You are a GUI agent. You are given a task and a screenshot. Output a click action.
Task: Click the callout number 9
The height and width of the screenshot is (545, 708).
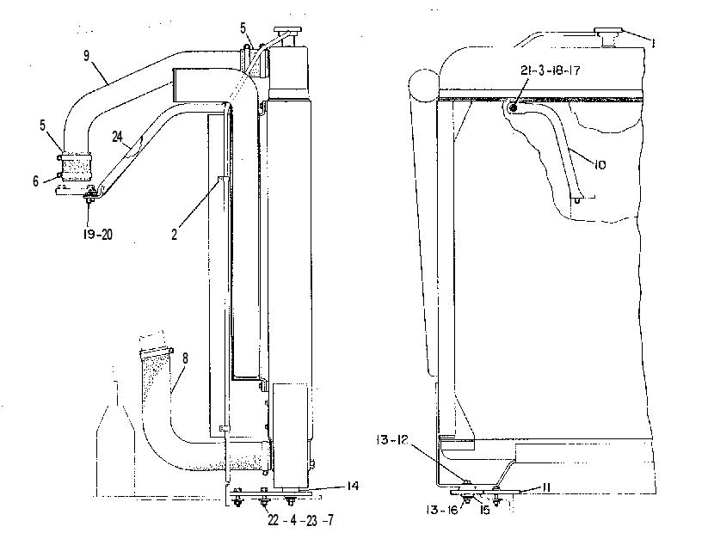coord(86,56)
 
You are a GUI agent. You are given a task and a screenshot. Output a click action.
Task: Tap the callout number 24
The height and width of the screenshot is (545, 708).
coord(117,136)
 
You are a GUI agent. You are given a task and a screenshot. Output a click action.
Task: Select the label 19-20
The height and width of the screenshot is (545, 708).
coord(97,234)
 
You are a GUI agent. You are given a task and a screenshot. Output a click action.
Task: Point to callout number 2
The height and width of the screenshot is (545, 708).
coord(175,235)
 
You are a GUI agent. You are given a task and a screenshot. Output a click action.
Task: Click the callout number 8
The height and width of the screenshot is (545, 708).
coord(185,358)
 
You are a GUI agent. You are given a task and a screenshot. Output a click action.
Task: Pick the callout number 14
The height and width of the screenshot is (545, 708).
coord(353,486)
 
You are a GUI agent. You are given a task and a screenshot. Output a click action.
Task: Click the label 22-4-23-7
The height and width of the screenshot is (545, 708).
coord(301,520)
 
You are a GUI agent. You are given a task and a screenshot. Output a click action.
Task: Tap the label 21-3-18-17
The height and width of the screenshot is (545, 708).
coord(550,70)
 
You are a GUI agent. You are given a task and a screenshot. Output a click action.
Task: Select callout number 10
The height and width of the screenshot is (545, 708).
coord(600,165)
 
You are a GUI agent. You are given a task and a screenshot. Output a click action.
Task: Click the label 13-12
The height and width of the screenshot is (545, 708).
coord(391,440)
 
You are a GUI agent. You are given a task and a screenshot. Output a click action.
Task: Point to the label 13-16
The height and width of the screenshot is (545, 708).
coord(442,510)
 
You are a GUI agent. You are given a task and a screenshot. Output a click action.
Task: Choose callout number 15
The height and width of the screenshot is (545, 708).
coord(484,511)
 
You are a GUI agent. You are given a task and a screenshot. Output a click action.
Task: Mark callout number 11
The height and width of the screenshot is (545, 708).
coord(545,487)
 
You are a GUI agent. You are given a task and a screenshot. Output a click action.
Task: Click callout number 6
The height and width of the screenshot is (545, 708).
coord(35,181)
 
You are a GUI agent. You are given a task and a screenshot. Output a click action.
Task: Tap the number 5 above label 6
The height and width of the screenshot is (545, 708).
coord(42,125)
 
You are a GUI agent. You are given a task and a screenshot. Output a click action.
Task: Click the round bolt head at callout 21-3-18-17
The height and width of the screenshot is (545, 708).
coord(513,107)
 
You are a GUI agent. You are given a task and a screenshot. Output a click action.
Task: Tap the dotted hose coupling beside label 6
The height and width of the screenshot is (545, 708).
coord(76,168)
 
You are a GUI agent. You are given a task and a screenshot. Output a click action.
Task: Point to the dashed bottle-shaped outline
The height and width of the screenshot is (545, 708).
coord(115,438)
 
